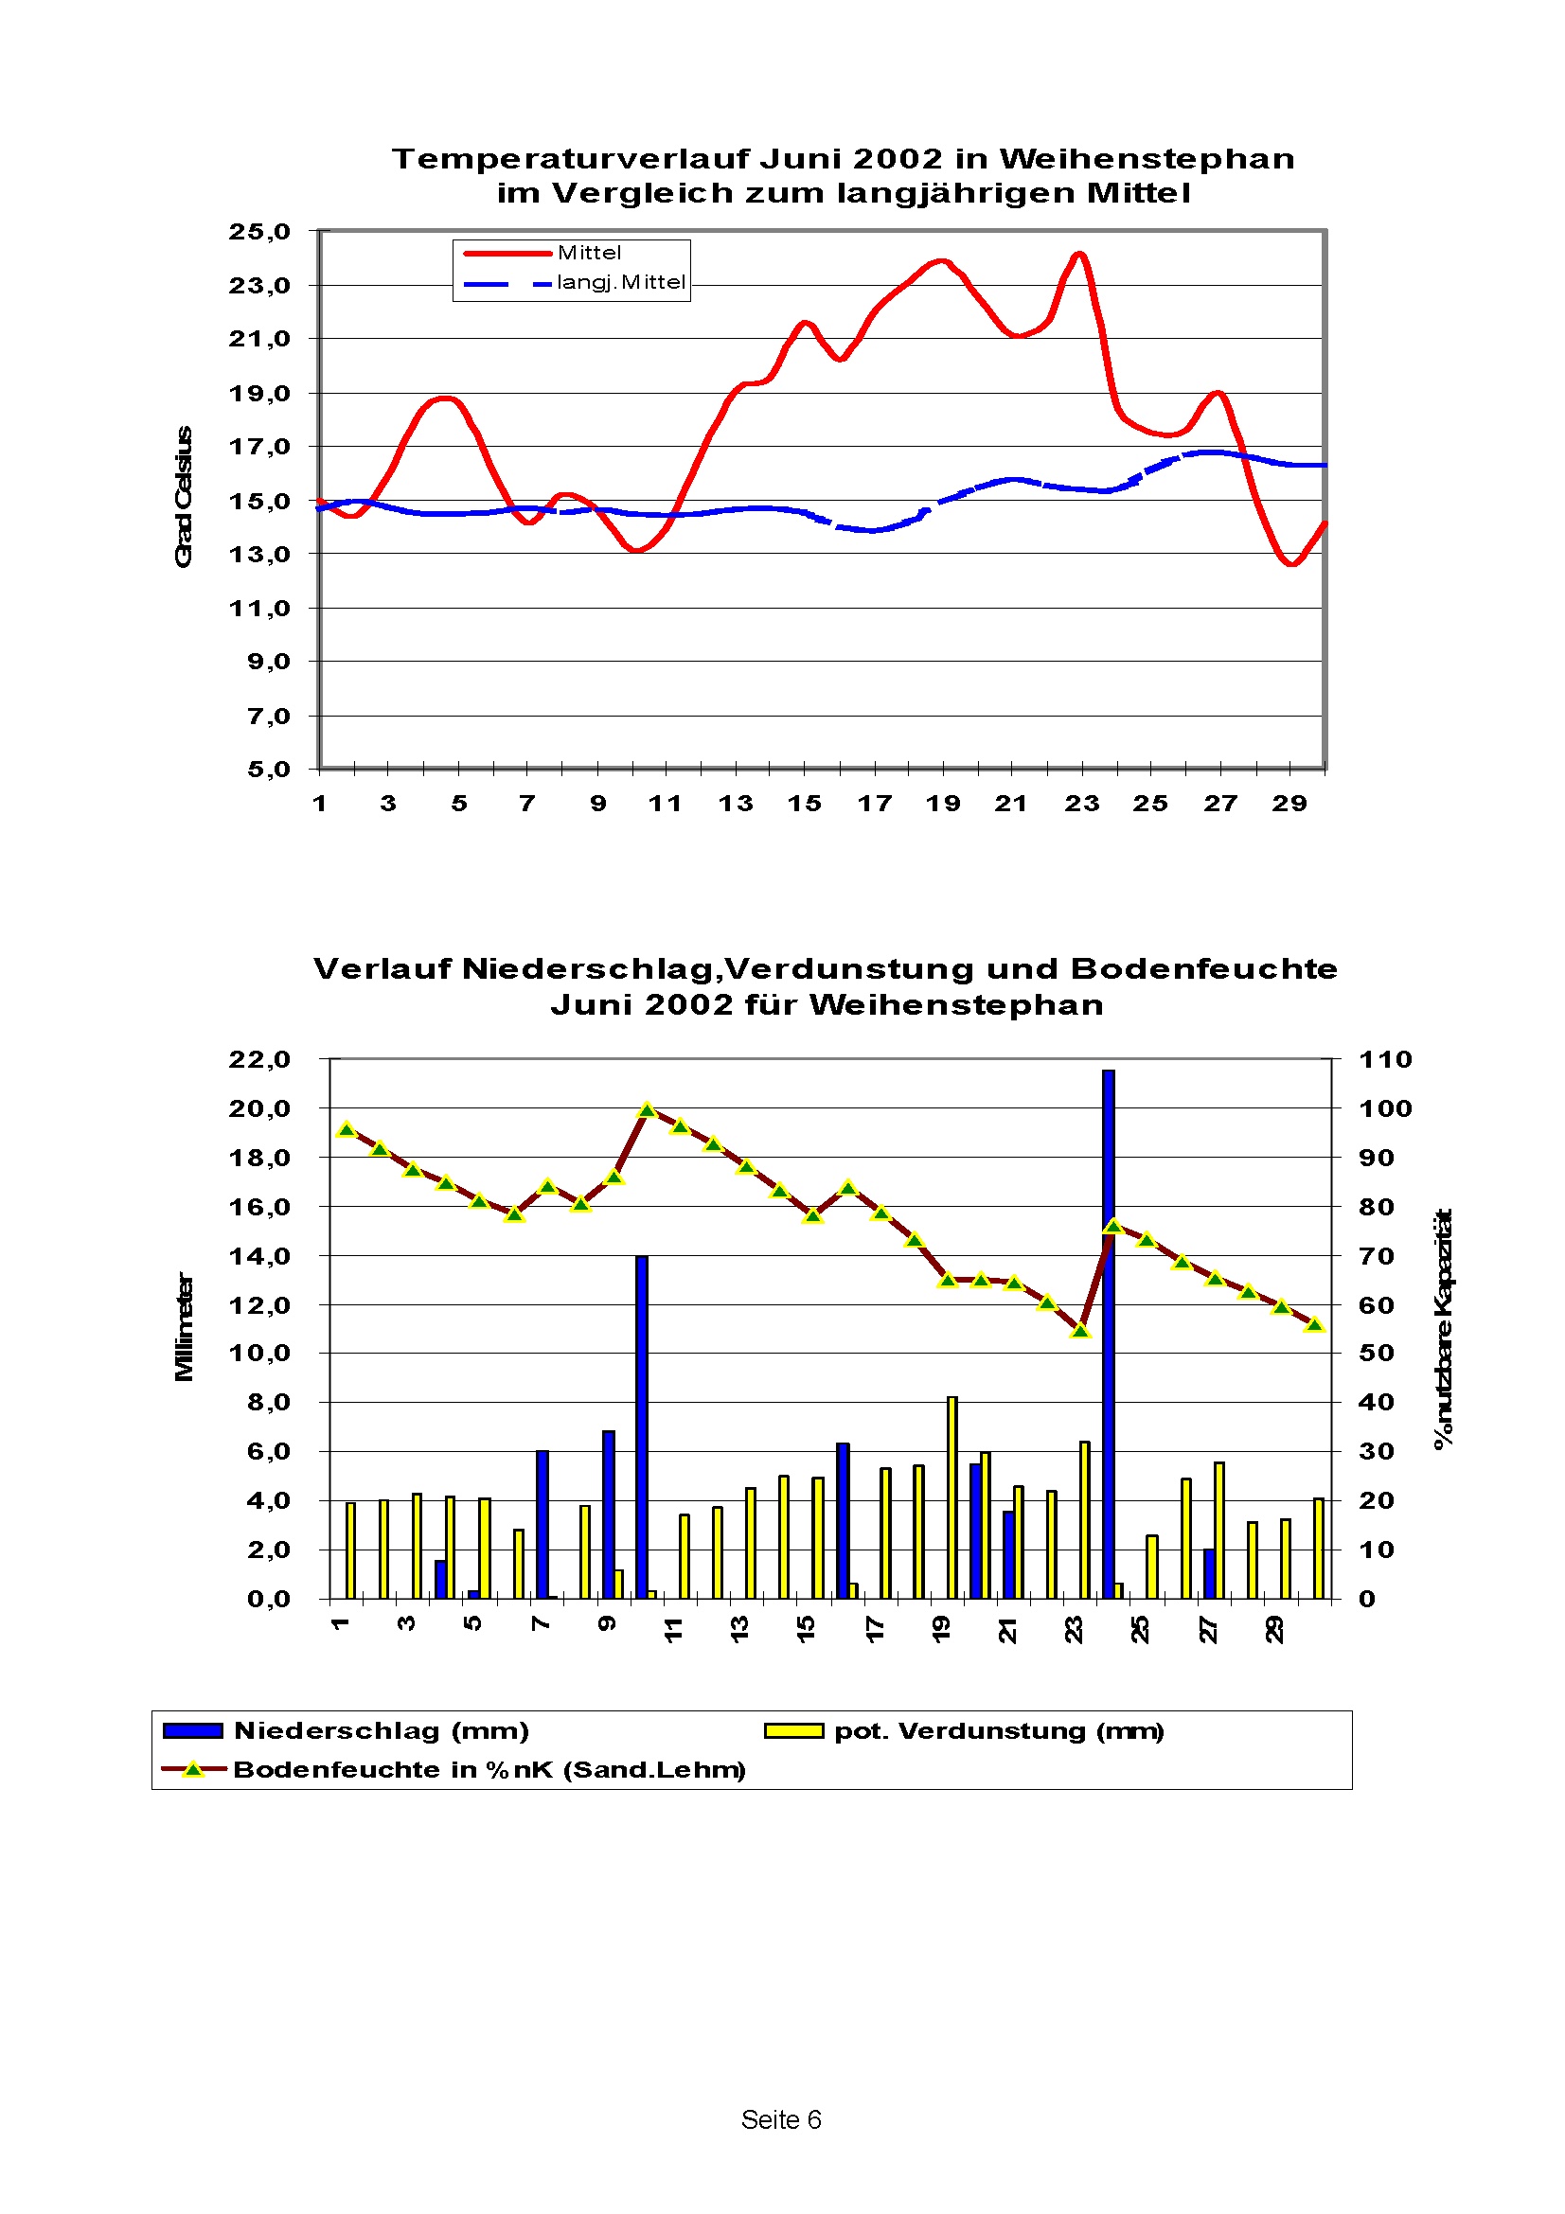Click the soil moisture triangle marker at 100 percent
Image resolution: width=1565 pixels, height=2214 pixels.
click(647, 1111)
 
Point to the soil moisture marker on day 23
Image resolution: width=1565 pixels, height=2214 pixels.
click(1080, 1331)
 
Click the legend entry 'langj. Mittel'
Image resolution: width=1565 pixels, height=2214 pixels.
click(620, 282)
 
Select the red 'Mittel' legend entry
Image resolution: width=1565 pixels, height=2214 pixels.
click(589, 253)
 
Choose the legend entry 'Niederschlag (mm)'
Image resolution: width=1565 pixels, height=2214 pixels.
click(381, 1731)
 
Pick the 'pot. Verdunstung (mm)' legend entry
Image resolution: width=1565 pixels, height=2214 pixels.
click(999, 1731)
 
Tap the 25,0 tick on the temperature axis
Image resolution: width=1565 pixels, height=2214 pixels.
click(259, 231)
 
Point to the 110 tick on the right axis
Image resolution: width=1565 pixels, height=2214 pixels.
click(1385, 1060)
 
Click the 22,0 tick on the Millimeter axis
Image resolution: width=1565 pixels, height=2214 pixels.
click(259, 1060)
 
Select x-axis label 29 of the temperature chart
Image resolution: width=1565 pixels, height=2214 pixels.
click(1289, 804)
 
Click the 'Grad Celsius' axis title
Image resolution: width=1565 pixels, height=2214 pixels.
click(184, 497)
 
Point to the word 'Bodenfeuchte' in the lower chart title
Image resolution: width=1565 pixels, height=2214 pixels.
click(1203, 968)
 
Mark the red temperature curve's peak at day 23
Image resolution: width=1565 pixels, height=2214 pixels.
click(1080, 255)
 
